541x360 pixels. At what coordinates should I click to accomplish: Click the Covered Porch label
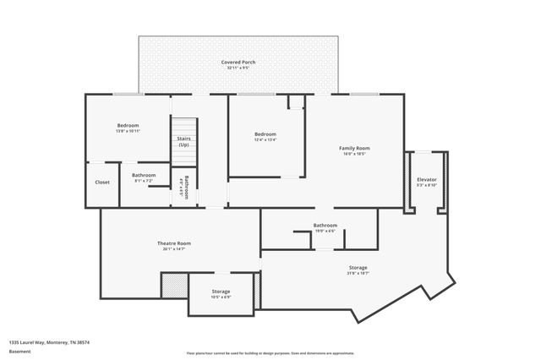click(x=238, y=62)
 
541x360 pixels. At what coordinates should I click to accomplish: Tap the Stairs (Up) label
click(x=183, y=142)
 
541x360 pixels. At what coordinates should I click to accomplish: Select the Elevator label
click(x=427, y=180)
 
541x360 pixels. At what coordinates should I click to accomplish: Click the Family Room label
click(x=355, y=148)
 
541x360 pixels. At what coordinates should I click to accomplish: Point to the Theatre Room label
click(x=173, y=243)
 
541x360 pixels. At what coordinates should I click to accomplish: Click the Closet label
click(x=102, y=182)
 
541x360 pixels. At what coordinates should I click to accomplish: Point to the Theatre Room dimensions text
click(x=173, y=248)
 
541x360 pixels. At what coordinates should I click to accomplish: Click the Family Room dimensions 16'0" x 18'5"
click(x=355, y=154)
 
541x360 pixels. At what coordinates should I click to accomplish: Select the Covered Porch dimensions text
click(x=238, y=68)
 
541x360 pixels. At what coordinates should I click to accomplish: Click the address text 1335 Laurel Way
click(x=49, y=342)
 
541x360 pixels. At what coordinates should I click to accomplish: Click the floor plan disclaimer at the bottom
click(x=270, y=353)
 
